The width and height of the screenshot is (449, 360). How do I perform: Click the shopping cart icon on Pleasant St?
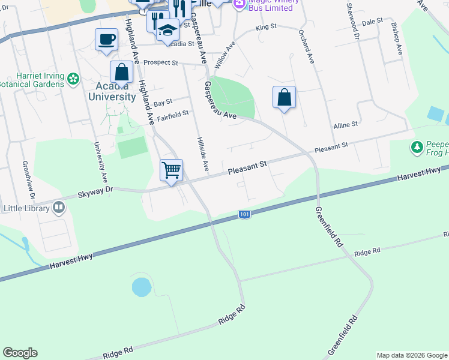[x=172, y=170]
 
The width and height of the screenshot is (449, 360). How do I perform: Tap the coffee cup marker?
[x=107, y=40]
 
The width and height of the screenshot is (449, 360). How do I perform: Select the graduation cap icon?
[x=167, y=30]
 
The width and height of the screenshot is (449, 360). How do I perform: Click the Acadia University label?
[x=112, y=91]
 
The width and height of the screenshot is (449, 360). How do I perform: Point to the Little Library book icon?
[x=59, y=208]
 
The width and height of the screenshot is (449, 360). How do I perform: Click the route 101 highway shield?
[x=244, y=214]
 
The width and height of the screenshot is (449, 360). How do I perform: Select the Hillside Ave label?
[x=202, y=152]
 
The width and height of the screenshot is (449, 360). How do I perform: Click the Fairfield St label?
[x=173, y=113]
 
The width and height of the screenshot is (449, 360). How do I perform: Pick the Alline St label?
[x=345, y=124]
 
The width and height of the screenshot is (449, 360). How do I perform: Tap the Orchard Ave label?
[x=307, y=48]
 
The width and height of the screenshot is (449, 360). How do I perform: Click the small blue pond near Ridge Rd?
[x=141, y=287]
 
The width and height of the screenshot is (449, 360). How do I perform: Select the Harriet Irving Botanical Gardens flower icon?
[x=73, y=79]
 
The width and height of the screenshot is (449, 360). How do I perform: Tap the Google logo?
[x=20, y=353]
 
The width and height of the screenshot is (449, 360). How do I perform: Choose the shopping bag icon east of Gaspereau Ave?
[x=284, y=98]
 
